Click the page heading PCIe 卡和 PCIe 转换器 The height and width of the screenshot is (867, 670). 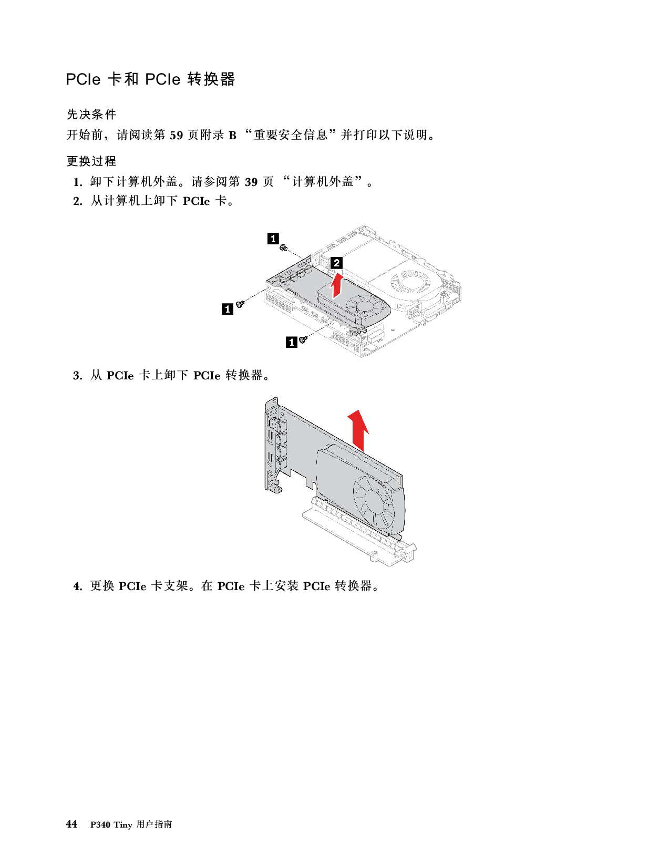150,79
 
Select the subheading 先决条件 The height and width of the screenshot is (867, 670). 91,115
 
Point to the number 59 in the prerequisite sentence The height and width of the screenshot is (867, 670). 176,136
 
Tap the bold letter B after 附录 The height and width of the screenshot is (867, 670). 232,136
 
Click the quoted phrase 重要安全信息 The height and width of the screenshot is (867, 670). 291,135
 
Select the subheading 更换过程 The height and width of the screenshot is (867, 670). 91,161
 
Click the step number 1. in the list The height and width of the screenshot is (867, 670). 78,182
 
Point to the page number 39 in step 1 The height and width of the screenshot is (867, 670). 251,182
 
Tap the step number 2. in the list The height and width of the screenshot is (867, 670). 78,201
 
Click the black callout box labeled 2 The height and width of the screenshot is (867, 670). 336,263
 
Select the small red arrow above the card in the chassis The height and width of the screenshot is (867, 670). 337,285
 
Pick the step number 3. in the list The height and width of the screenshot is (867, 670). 78,376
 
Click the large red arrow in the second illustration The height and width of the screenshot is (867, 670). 358,430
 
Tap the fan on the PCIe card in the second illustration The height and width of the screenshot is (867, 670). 374,501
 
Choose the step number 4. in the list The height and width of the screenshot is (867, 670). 78,586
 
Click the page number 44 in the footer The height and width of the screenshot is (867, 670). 71,824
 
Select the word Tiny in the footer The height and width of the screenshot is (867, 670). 122,825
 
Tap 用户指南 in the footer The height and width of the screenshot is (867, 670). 154,824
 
